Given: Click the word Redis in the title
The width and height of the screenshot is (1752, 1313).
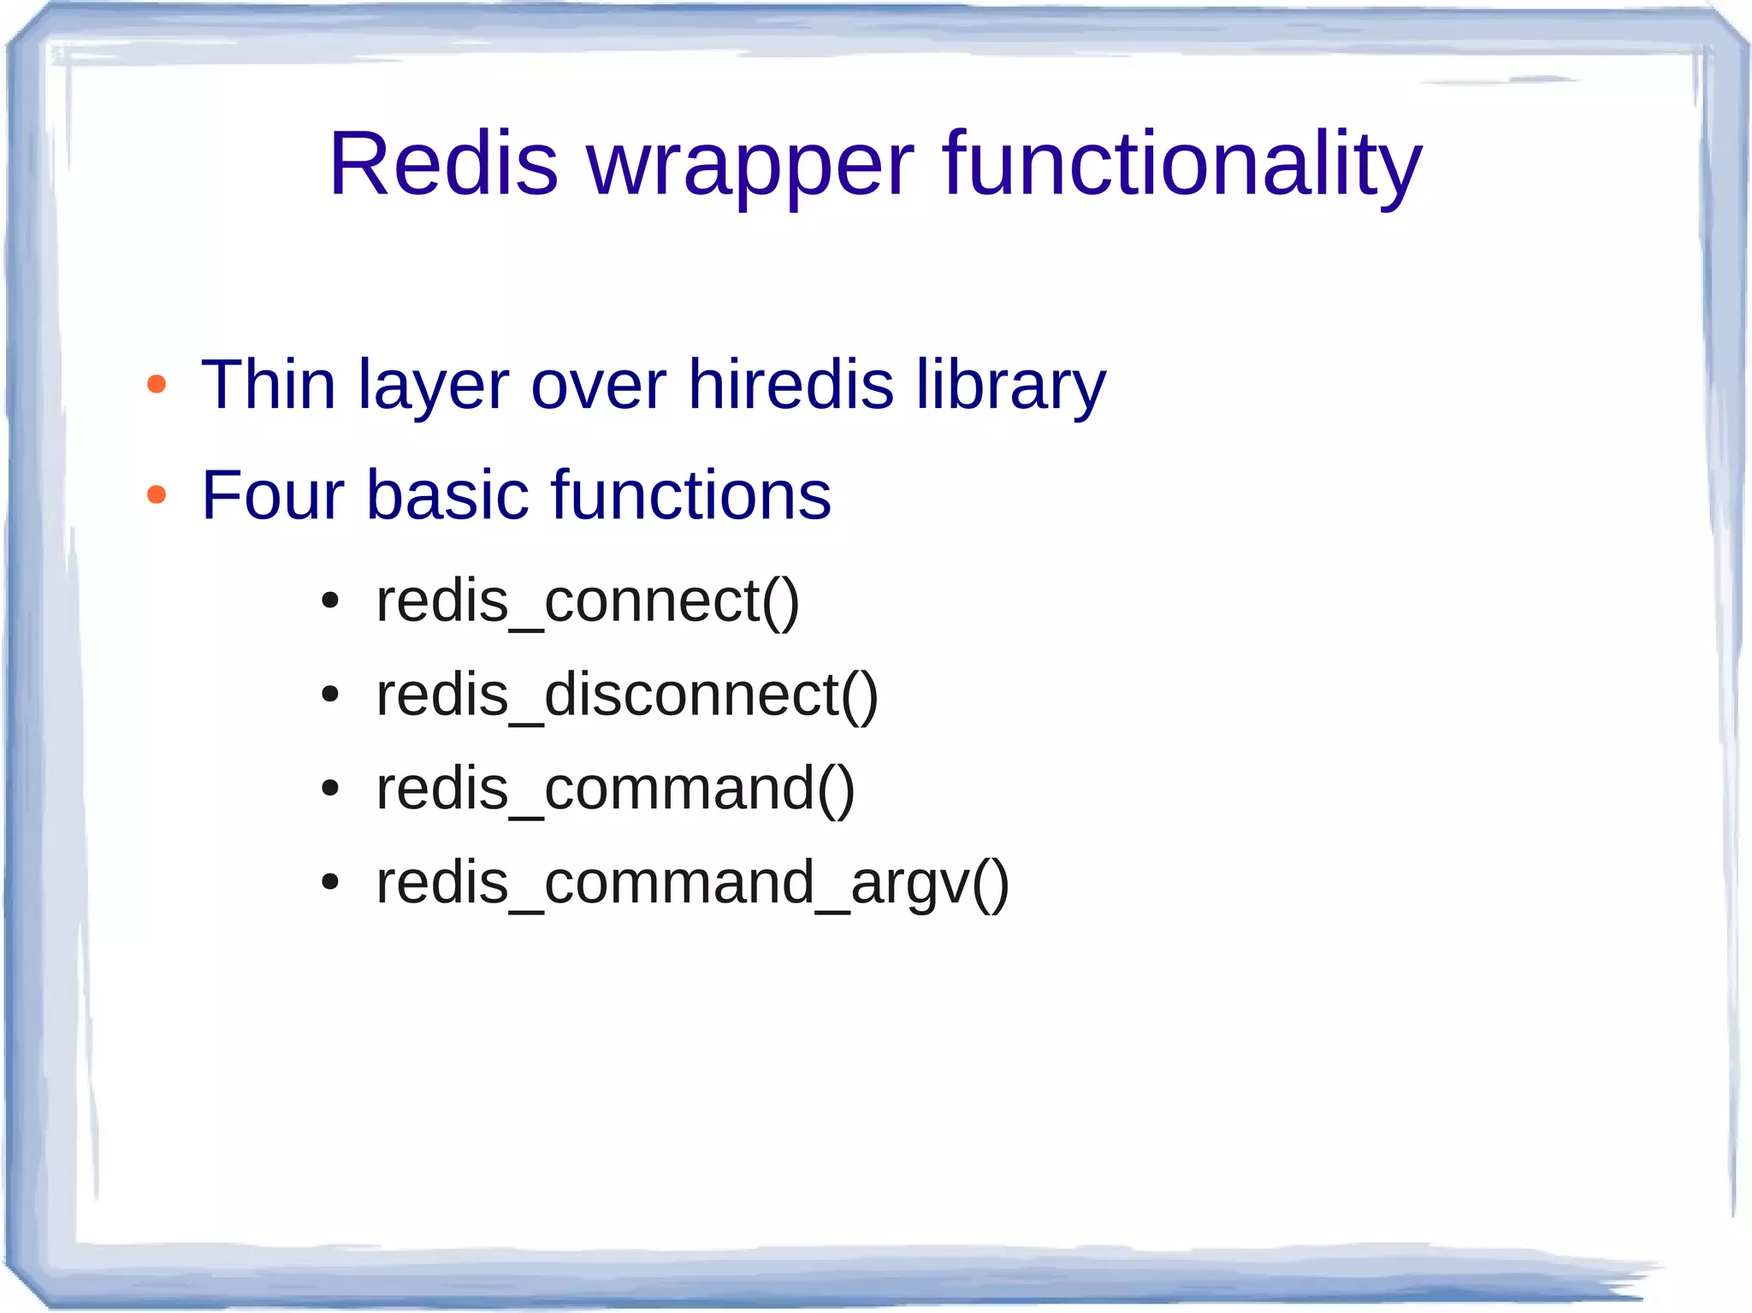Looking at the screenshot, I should (443, 163).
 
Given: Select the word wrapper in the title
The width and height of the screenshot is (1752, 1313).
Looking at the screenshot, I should (750, 167).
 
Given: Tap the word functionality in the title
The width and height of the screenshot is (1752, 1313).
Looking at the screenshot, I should (1181, 163).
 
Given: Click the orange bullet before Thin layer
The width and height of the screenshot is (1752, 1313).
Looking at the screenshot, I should (157, 384).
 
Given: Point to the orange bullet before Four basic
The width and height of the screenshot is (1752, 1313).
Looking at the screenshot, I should (157, 494).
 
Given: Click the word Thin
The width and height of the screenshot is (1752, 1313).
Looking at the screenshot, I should (268, 385).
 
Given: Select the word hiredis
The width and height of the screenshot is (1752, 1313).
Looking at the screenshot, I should (790, 385).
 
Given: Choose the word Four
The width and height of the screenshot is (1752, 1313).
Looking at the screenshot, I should (273, 495).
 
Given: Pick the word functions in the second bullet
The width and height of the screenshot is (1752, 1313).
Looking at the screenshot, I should (691, 495).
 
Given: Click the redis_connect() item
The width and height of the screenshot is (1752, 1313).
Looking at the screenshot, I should (588, 601).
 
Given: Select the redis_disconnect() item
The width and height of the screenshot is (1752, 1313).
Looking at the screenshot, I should (627, 695).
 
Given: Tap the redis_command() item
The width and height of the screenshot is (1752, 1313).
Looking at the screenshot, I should (615, 789).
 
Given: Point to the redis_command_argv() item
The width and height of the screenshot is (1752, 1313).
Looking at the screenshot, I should (692, 883).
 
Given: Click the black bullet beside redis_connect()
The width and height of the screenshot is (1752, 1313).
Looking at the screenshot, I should (330, 601).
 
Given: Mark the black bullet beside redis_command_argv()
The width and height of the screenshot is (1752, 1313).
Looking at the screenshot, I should (330, 882).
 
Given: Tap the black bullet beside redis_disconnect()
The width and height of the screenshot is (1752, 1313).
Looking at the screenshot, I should (330, 695).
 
